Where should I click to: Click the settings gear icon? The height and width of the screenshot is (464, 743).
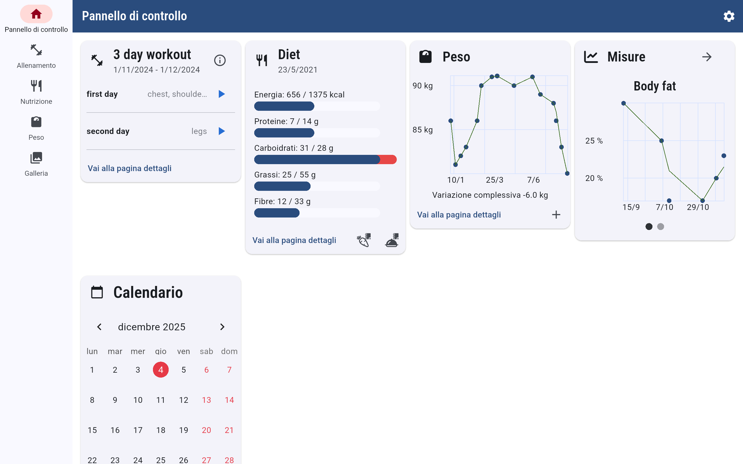(728, 16)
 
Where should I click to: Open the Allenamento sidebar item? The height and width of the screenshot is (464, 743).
(36, 56)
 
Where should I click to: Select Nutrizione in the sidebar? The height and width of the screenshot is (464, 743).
(36, 92)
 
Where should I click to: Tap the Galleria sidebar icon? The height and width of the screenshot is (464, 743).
(36, 164)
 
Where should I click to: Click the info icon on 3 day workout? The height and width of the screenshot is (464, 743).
(220, 60)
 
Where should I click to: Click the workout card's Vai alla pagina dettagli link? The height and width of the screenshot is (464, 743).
(129, 168)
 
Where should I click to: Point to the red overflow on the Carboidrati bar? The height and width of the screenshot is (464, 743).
(388, 159)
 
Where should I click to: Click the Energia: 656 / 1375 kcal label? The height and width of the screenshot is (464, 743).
(299, 95)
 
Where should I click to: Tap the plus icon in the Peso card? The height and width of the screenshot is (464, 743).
(556, 215)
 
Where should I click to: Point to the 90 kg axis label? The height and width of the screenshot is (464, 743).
(423, 86)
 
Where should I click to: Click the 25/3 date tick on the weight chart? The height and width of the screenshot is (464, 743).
(494, 180)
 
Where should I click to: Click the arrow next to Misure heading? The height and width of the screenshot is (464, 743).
(707, 57)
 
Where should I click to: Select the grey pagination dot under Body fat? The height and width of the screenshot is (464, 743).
(660, 226)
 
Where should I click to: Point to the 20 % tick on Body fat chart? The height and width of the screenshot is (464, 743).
(594, 178)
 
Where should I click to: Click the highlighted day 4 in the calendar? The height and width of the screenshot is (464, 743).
(160, 370)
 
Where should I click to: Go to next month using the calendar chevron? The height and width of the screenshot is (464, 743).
(222, 327)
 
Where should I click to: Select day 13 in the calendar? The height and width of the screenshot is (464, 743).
(206, 400)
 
